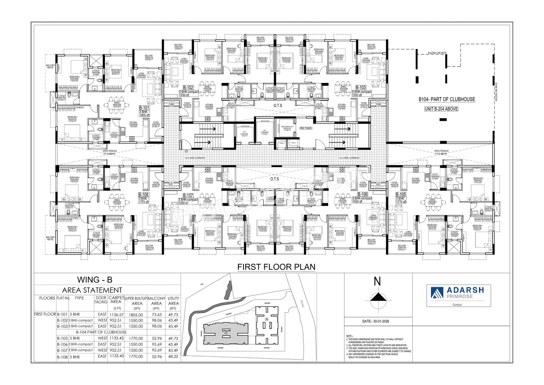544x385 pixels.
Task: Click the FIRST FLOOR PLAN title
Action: [277, 267]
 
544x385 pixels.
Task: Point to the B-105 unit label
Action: [400, 194]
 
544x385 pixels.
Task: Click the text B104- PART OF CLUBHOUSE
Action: [446, 100]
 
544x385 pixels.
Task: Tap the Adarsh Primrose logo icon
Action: [437, 293]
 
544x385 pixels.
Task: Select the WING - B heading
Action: [95, 280]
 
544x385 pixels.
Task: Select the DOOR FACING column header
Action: [101, 300]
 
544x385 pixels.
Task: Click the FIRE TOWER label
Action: [306, 128]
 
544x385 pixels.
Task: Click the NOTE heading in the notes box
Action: [349, 336]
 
